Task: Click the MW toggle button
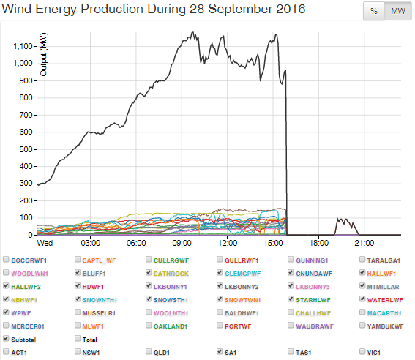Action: click(x=395, y=11)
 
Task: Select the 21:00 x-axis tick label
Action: click(x=364, y=242)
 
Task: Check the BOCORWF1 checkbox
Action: click(x=7, y=259)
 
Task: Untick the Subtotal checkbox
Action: click(x=7, y=339)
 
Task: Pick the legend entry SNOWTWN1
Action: click(x=244, y=299)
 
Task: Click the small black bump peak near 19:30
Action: click(x=340, y=218)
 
